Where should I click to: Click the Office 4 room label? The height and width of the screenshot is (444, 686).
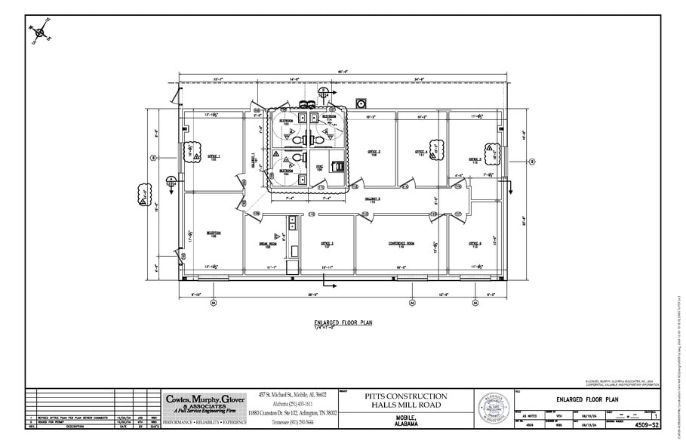(421, 153)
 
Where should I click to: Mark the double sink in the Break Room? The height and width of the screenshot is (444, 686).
(291, 222)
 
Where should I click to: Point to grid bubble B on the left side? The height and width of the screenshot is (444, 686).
(153, 158)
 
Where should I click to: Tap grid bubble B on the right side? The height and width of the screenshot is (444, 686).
(531, 161)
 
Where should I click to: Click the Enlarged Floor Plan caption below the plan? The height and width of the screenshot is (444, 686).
(343, 323)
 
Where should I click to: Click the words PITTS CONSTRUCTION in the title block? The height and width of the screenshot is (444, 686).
(406, 396)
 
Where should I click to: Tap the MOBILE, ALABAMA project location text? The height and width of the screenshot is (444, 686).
(405, 421)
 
